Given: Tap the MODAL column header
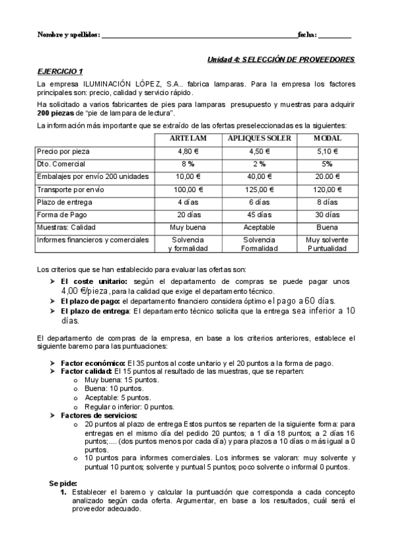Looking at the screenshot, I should point(327,138).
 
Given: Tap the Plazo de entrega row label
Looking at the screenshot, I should point(62,202).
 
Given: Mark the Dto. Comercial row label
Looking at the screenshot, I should point(62,164).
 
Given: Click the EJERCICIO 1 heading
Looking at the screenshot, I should point(60,71).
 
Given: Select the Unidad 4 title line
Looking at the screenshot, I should point(281,59).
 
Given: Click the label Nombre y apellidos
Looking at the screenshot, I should point(68,34).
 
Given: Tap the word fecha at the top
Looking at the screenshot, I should point(307,34).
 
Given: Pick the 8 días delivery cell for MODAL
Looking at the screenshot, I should point(327,202).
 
